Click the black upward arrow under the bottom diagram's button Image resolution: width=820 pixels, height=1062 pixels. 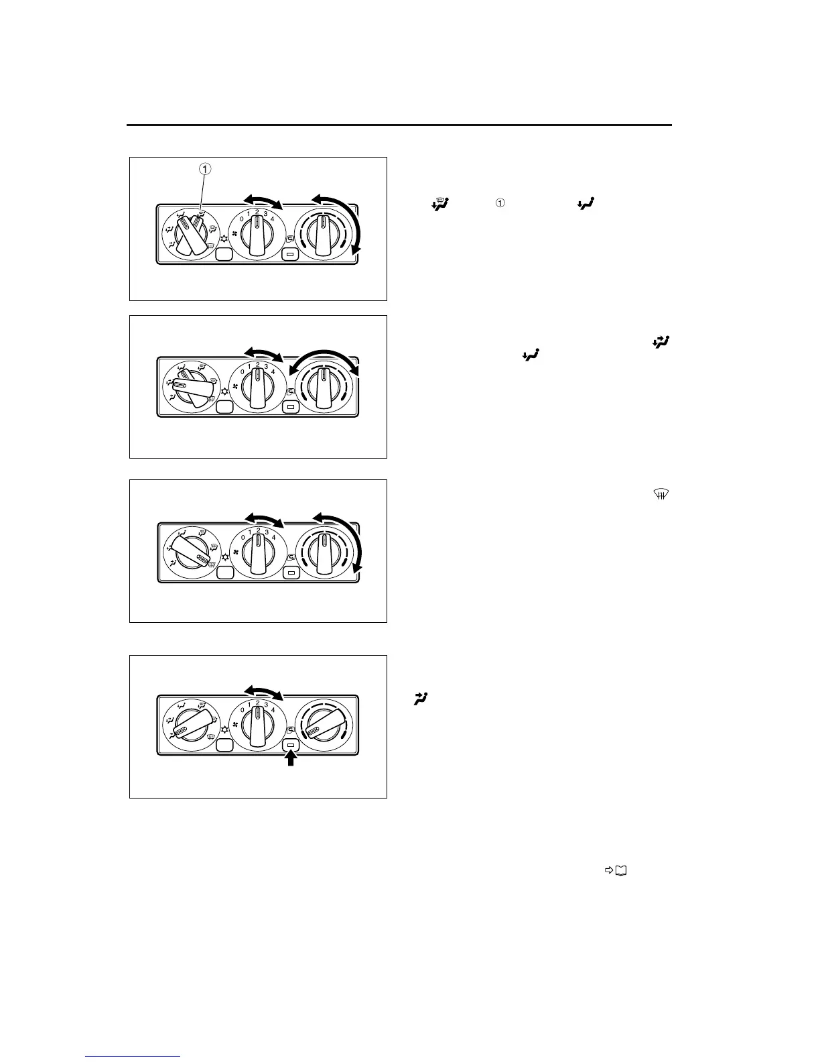coord(291,758)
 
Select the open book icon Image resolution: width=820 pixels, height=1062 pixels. coord(621,870)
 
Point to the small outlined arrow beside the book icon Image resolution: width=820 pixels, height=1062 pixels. coord(609,870)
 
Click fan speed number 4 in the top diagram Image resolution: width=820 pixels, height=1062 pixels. coord(272,218)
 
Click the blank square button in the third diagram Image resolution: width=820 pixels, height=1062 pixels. coord(224,571)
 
